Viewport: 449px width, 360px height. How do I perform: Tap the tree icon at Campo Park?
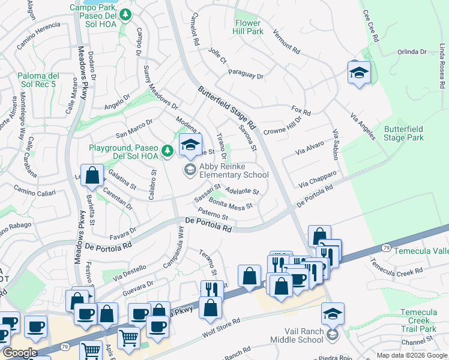(x=124, y=14)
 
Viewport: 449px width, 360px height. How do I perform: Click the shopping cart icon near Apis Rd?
(x=91, y=350)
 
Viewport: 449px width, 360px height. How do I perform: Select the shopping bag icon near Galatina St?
(x=92, y=176)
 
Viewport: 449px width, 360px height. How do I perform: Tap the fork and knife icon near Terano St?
(x=211, y=290)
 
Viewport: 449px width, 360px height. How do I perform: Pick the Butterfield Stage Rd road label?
(x=228, y=108)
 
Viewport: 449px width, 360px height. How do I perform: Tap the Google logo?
(x=20, y=353)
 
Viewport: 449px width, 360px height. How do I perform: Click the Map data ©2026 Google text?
(x=412, y=355)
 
